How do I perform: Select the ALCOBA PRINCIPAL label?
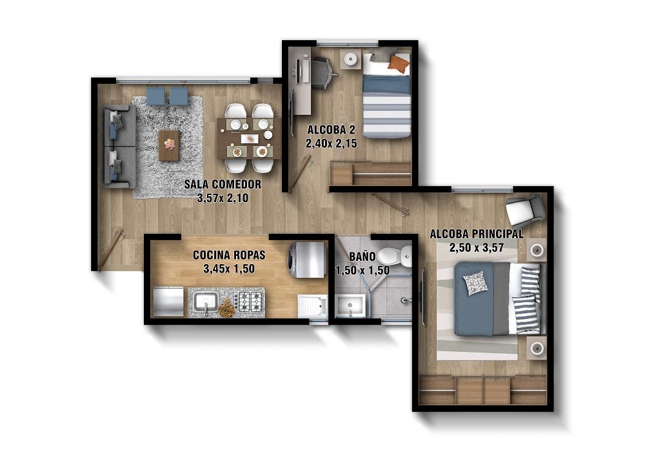[476, 234]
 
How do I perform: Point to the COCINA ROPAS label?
[229, 255]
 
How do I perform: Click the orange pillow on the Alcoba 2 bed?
[399, 64]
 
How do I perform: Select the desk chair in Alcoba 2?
[323, 73]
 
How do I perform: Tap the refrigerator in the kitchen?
[168, 302]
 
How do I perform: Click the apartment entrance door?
[110, 248]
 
